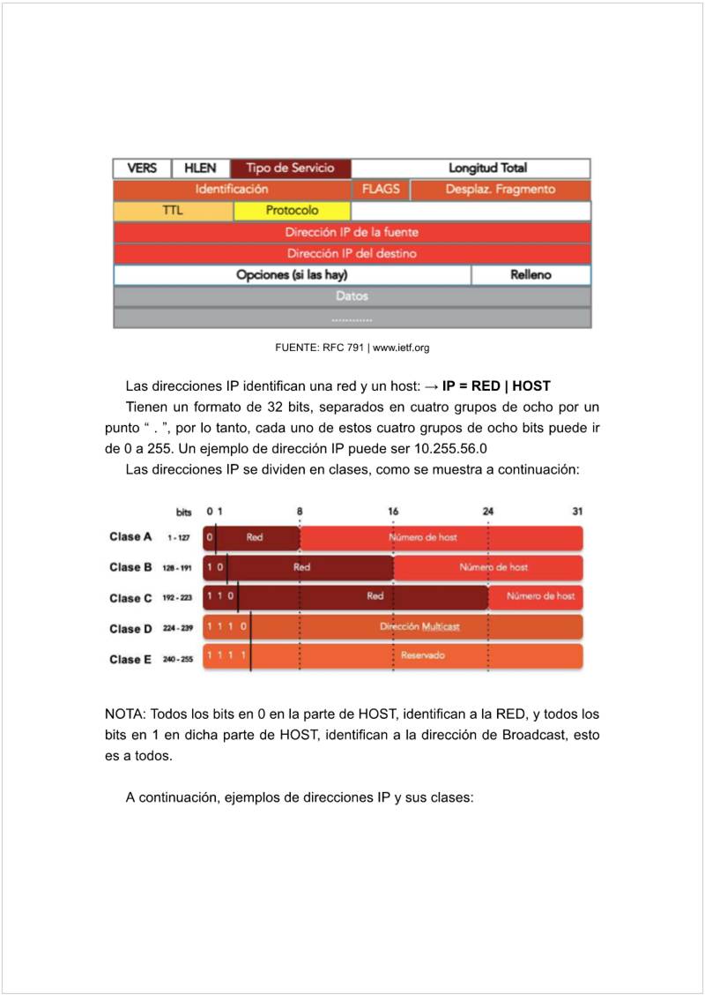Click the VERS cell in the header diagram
[x=143, y=168]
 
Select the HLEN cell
[x=200, y=168]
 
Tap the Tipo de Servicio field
[x=290, y=168]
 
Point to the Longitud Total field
[x=487, y=168]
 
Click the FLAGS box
[x=381, y=190]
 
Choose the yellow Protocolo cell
[x=292, y=211]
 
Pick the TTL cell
[x=173, y=211]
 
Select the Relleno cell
[x=531, y=275]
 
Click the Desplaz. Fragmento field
[x=500, y=190]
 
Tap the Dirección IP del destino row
[x=352, y=253]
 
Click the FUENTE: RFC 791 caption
[x=352, y=348]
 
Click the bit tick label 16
[x=393, y=512]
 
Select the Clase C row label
[x=130, y=598]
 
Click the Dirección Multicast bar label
[x=419, y=627]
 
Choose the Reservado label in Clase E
[x=423, y=656]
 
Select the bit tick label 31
[x=576, y=512]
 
